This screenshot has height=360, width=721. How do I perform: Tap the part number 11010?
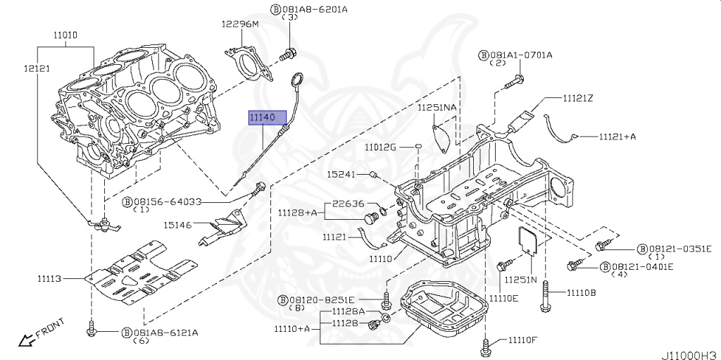point(67,35)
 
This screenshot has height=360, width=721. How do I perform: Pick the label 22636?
point(350,204)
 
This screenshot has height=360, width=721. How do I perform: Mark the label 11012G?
point(380,147)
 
